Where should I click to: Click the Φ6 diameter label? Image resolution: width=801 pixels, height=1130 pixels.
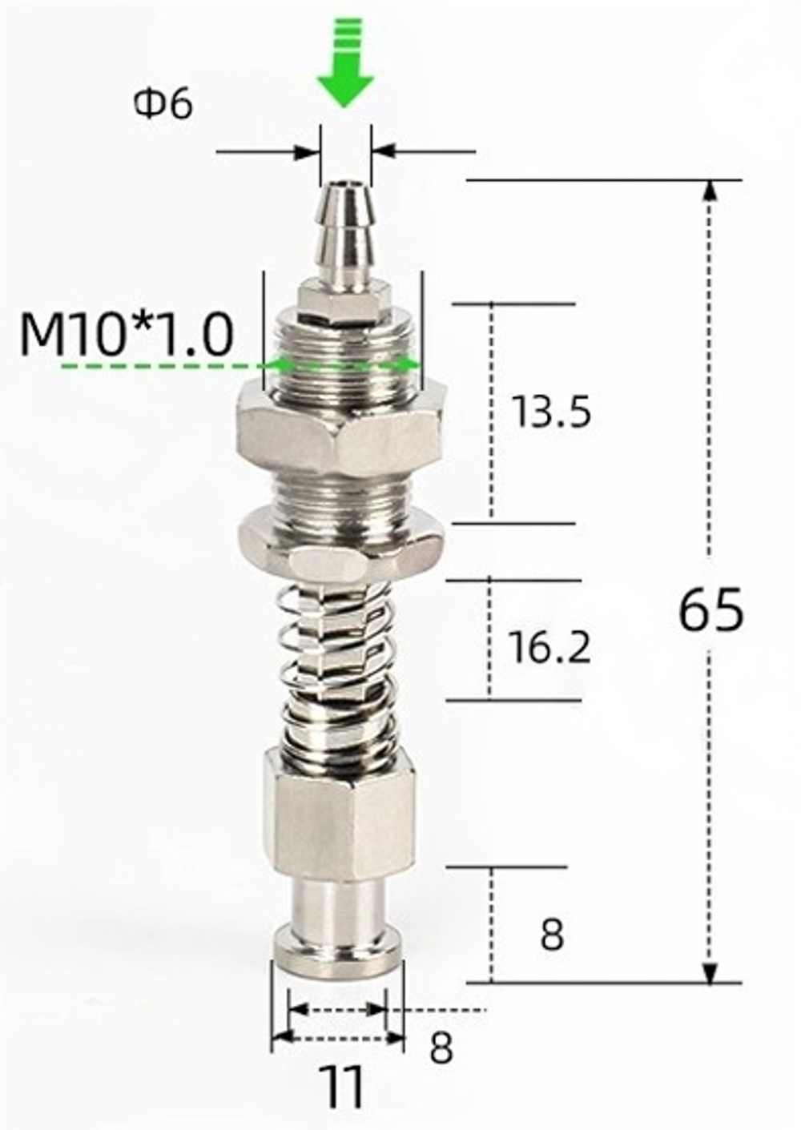pos(163,105)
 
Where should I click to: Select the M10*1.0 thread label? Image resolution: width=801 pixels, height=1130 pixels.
pos(127,334)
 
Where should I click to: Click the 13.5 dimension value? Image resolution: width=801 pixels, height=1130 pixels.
pos(551,412)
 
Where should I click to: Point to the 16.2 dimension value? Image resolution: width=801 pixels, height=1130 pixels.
pos(549,646)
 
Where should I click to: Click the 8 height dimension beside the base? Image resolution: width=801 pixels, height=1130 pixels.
pos(552,934)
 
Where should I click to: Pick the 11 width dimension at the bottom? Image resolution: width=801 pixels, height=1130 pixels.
pos(340,1088)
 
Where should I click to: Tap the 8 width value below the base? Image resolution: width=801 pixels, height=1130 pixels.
pos(441,1048)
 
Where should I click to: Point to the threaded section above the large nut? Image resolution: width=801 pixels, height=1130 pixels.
pos(340,352)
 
